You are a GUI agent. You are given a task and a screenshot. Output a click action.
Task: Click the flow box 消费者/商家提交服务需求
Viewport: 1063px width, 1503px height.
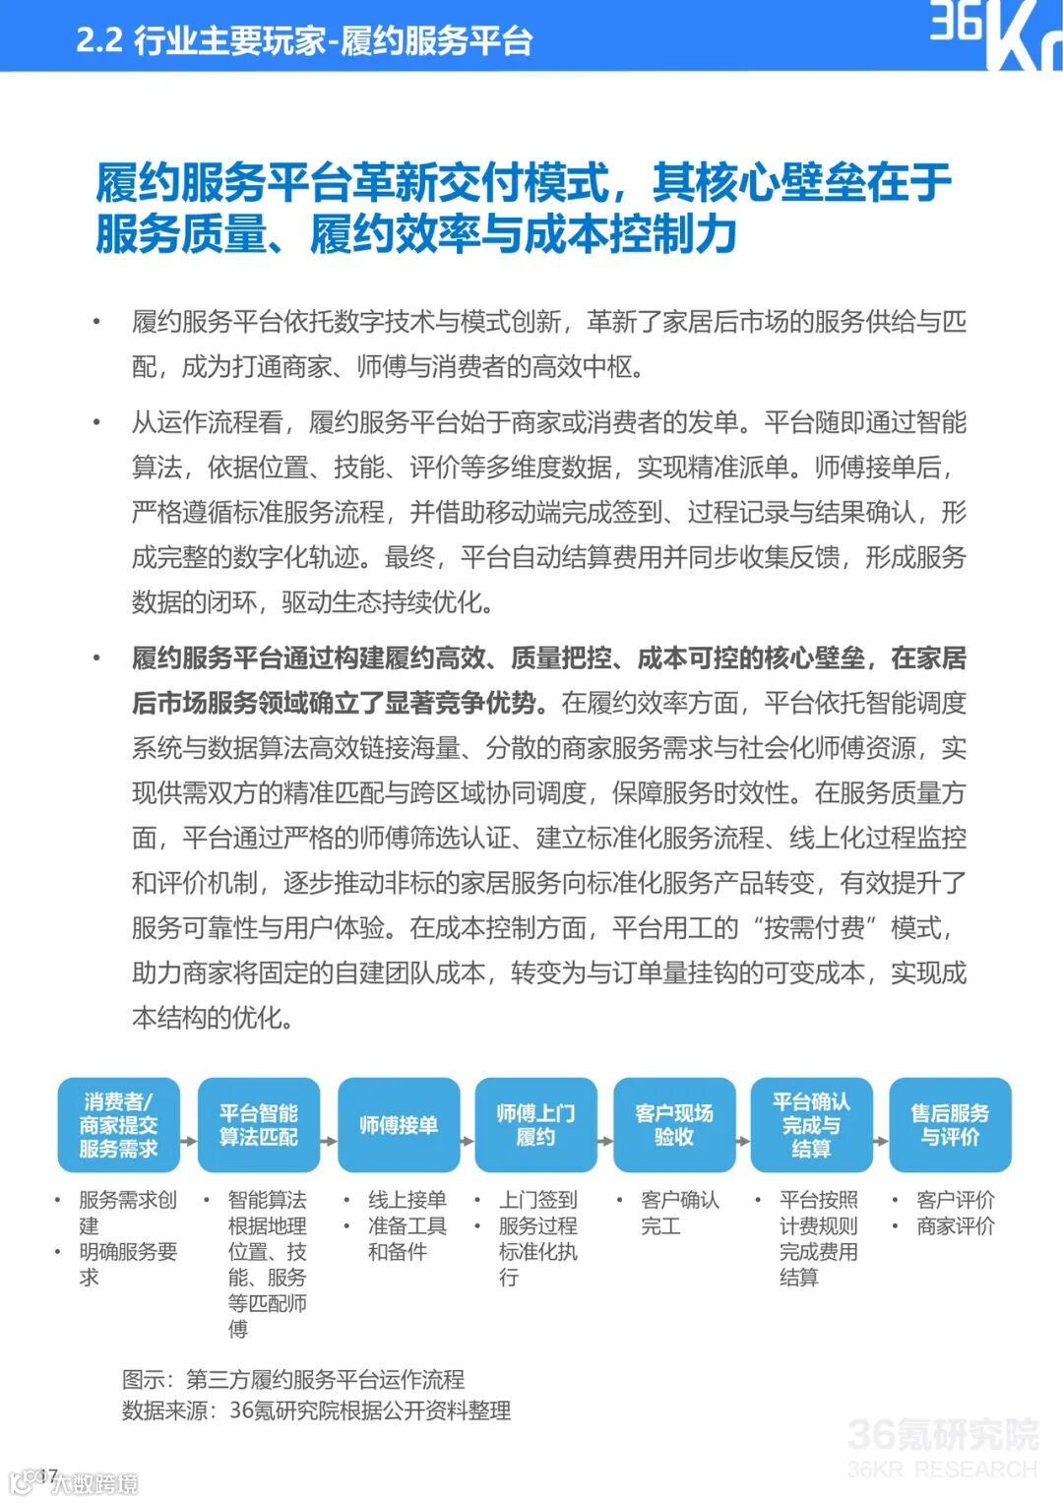118,1125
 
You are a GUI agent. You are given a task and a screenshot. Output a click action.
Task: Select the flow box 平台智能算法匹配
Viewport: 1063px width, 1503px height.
259,1125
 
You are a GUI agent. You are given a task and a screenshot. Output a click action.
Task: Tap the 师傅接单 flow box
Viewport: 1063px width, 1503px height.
399,1125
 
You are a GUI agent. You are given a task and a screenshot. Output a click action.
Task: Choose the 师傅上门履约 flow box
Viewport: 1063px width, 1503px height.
535,1125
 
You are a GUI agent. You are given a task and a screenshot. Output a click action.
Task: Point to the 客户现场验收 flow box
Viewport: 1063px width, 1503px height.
674,1125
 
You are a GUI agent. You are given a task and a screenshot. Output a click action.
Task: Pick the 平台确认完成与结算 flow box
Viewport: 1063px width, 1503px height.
812,1125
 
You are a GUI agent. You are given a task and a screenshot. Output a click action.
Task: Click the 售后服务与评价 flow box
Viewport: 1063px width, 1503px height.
950,1125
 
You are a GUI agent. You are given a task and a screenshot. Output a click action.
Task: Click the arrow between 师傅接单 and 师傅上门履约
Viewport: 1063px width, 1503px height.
468,1141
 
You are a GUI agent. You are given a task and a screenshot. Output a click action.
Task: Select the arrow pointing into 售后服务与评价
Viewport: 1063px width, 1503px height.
882,1141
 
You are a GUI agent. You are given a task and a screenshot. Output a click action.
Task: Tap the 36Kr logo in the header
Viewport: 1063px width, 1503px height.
994,33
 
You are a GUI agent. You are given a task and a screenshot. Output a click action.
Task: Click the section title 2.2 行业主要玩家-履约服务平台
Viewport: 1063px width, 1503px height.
304,40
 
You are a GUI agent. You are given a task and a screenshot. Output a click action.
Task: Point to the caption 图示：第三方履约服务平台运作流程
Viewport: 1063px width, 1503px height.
293,1379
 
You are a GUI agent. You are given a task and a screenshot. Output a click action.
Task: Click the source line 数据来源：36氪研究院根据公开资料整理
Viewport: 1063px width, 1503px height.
316,1410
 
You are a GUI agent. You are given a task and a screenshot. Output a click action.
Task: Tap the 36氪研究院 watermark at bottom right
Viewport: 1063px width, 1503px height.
942,1447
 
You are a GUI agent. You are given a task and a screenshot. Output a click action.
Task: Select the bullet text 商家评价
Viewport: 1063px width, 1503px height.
955,1226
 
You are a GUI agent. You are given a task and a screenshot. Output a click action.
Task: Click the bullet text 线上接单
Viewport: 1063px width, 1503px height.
407,1200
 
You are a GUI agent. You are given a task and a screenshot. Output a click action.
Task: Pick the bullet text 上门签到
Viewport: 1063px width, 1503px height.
537,1200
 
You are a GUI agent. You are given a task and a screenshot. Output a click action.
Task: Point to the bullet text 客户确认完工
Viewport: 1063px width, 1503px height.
679,1213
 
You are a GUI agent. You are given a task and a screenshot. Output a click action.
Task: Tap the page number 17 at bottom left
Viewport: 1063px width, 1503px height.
47,1475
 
